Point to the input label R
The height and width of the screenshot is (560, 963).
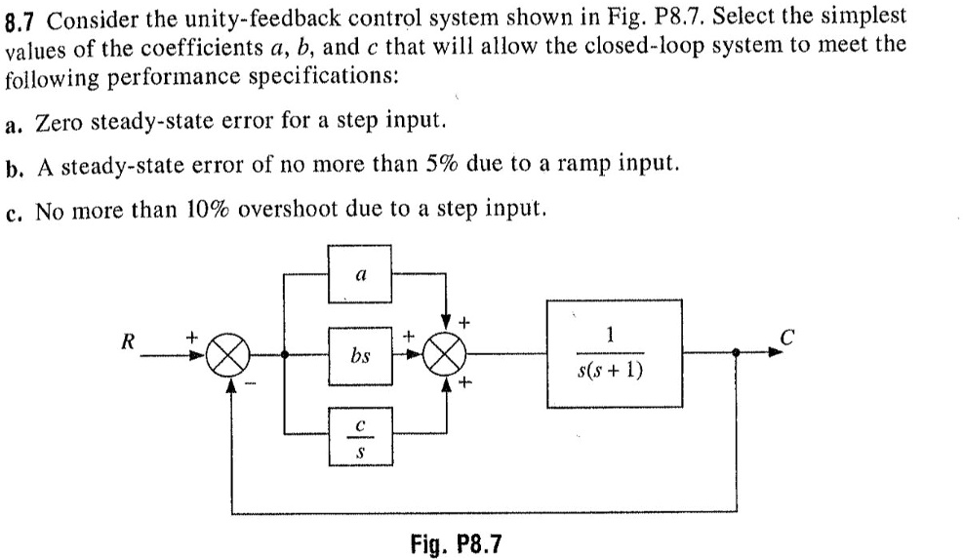click(126, 342)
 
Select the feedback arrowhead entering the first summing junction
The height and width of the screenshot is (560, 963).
click(231, 383)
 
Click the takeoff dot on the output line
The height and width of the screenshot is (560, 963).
click(736, 355)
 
